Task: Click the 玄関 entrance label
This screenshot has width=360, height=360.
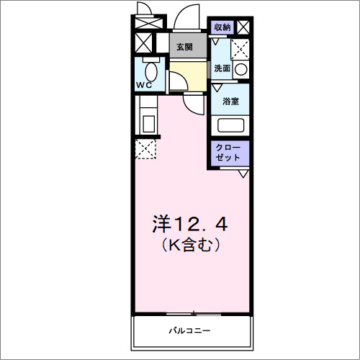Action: [184, 47]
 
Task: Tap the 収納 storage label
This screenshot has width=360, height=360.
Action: [222, 27]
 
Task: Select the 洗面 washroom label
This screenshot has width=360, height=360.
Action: [222, 68]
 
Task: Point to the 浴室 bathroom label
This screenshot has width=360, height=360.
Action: [230, 102]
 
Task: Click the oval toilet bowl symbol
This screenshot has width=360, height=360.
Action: [150, 72]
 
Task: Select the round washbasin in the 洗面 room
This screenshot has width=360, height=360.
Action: [240, 70]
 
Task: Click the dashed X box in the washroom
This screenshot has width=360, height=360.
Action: [240, 49]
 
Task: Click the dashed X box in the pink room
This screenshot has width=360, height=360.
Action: [145, 150]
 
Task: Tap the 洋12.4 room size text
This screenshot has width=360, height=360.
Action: [189, 224]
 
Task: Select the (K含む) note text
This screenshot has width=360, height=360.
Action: [189, 246]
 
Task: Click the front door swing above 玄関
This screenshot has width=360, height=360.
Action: [189, 20]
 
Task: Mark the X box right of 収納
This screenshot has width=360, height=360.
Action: [244, 27]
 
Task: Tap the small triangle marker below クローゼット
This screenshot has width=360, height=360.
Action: [243, 174]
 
